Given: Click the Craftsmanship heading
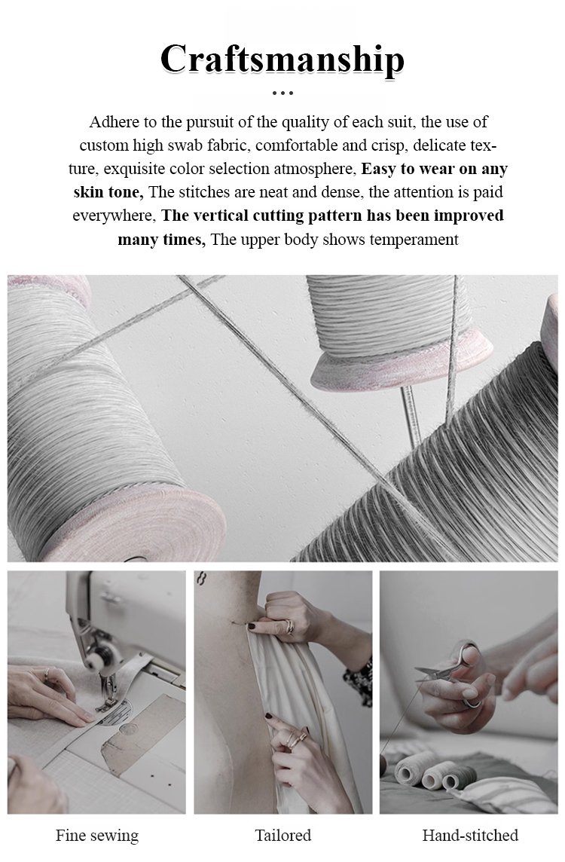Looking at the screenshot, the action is (282, 59).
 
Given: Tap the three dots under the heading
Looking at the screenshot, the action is (282, 93).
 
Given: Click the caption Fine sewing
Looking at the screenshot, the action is (96, 836).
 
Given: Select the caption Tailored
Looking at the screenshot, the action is (283, 835).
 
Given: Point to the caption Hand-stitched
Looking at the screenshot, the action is (470, 835).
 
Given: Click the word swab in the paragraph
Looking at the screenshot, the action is (186, 145).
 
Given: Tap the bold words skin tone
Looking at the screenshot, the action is (108, 192).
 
